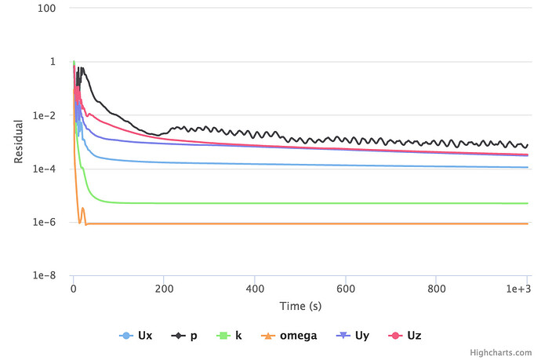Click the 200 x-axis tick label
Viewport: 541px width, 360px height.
coord(164,289)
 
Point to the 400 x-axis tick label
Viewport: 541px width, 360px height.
coord(255,289)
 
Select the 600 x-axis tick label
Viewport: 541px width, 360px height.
coord(345,289)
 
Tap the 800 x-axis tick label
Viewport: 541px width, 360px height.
coord(436,289)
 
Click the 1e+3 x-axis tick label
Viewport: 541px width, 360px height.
coord(518,289)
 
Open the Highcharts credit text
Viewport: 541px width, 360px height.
coord(510,354)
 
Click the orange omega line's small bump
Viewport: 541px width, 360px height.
coord(83,209)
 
